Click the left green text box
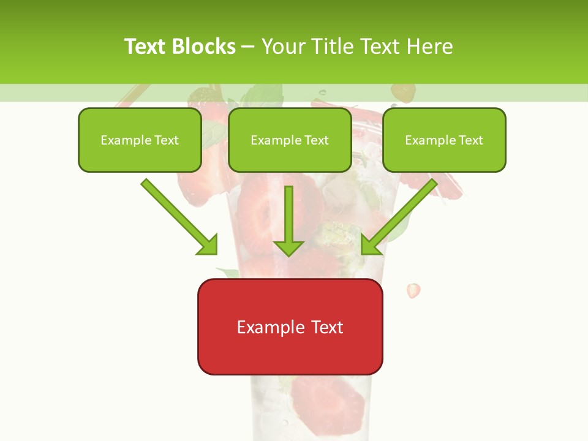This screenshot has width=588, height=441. [x=140, y=140]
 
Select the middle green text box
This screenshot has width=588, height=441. [x=290, y=140]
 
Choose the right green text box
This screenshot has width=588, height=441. [x=444, y=140]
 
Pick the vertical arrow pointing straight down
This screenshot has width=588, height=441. [x=288, y=221]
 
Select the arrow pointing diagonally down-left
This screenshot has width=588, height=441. [x=399, y=217]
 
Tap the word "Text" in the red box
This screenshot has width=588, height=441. [x=327, y=327]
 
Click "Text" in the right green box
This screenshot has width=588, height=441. [x=471, y=140]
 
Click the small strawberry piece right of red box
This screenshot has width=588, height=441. [x=414, y=290]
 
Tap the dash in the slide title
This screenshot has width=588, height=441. [x=249, y=47]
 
